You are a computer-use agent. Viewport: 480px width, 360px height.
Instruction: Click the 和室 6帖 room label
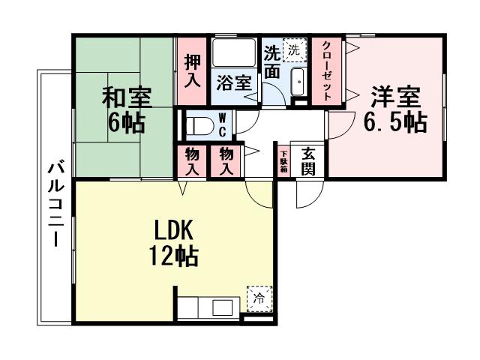pyautogui.click(x=127, y=109)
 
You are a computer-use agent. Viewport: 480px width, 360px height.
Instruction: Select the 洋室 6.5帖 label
pyautogui.click(x=395, y=109)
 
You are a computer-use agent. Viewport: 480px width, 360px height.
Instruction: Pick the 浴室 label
pyautogui.click(x=233, y=82)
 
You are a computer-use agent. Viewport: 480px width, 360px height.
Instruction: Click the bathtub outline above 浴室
pyautogui.click(x=234, y=54)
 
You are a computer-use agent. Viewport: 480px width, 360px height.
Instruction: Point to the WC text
pyautogui.click(x=223, y=124)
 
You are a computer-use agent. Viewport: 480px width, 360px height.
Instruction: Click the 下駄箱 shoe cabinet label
pyautogui.click(x=284, y=160)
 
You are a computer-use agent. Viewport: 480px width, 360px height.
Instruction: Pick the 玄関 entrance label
pyautogui.click(x=307, y=160)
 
